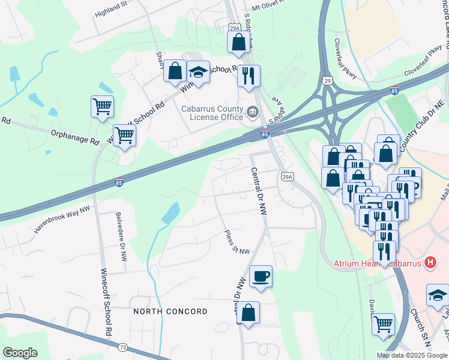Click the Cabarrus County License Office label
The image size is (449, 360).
213,112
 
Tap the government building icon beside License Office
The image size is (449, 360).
252,112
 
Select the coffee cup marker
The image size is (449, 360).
261,276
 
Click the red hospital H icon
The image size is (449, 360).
429,263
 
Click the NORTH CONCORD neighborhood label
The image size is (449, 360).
170,311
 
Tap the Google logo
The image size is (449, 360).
20,353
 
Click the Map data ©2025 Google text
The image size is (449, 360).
411,355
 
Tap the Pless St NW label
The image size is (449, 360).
236,242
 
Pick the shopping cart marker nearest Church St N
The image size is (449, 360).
383,325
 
